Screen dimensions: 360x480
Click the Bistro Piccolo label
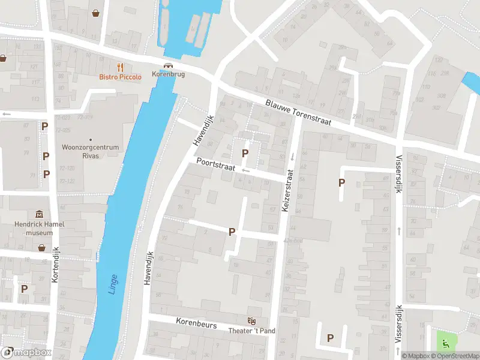point(121,77)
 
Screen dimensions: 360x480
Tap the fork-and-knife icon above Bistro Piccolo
point(121,67)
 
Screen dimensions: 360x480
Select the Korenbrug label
point(169,74)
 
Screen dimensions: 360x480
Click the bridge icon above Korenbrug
point(169,65)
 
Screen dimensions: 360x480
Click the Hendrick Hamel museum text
point(40,228)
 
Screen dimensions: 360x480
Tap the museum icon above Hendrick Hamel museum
point(40,214)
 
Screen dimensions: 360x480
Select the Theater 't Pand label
point(252,331)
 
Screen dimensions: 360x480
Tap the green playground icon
point(445,343)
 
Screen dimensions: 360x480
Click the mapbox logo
point(26,353)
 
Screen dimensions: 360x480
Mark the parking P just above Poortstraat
point(245,154)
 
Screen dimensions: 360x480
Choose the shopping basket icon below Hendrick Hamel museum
point(41,247)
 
